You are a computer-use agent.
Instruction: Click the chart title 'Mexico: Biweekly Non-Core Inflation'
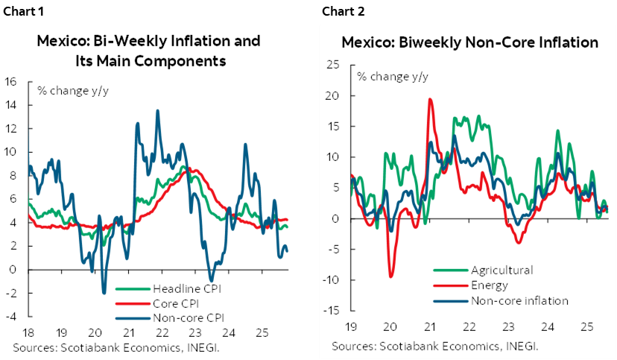tap(469, 42)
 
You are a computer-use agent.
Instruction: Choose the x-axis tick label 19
tap(349, 326)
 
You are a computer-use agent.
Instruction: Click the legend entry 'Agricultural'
tap(501, 269)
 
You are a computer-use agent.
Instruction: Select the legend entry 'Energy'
tap(489, 285)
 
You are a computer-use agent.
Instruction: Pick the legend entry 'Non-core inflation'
tap(519, 300)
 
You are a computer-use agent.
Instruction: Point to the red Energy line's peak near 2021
tap(430, 99)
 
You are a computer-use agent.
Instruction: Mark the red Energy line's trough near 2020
tap(391, 277)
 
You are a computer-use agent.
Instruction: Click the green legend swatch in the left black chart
tap(133, 288)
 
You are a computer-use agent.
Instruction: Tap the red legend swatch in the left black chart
tap(133, 303)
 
